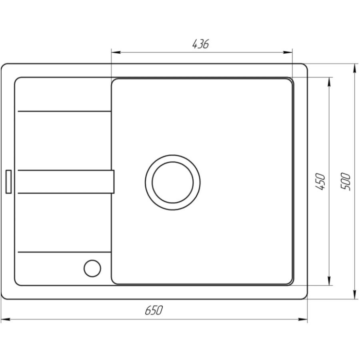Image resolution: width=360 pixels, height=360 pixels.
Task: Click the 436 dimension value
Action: [x=200, y=44]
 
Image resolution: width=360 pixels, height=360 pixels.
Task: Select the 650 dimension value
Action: [x=154, y=310]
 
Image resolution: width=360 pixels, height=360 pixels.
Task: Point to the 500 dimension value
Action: [x=346, y=182]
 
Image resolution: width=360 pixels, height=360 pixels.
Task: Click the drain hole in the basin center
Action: [x=172, y=182]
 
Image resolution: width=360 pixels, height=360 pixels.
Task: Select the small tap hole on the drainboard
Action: [x=92, y=268]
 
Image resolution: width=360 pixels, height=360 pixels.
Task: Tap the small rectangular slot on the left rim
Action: [x=8, y=182]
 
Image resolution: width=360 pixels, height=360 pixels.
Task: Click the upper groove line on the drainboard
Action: [x=64, y=111]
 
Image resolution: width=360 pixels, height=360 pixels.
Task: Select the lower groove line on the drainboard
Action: [x=64, y=252]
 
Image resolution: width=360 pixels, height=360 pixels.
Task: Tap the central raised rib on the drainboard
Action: [x=64, y=182]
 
